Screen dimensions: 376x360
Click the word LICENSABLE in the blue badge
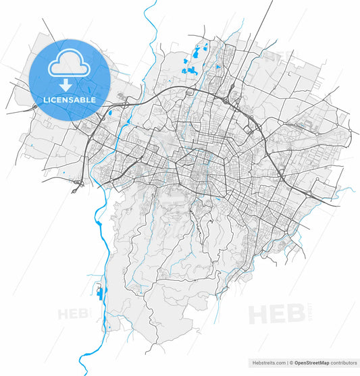pos(70,100)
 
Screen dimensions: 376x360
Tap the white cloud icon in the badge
pos(69,65)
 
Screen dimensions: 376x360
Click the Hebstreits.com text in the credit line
pos(267,362)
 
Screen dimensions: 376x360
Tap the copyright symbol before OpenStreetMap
pos(291,362)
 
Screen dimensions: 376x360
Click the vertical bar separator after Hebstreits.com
pos(287,362)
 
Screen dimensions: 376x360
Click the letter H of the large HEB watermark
pos(257,315)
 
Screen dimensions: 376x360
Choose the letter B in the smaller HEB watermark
pos(84,314)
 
